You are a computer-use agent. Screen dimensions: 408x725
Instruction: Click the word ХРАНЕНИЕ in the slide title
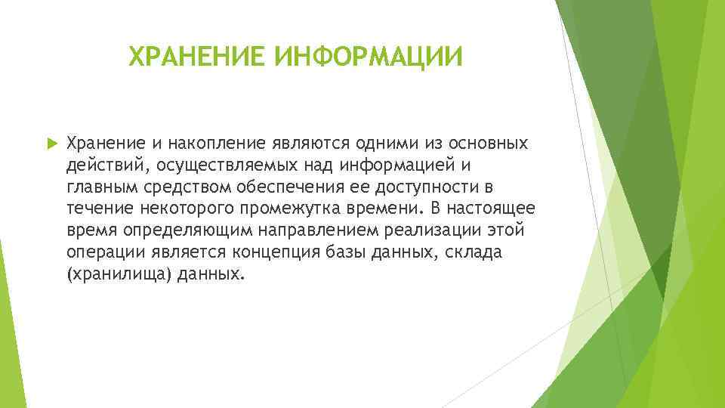(x=196, y=57)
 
